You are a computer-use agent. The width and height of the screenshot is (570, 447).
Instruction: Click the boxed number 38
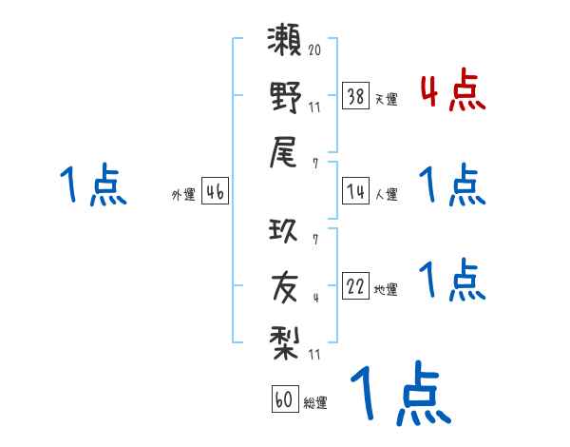pyautogui.click(x=356, y=96)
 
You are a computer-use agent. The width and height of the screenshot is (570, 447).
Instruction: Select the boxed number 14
pyautogui.click(x=356, y=191)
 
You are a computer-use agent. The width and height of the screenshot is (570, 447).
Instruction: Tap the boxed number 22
pyautogui.click(x=356, y=286)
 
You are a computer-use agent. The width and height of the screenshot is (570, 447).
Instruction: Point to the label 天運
pyautogui.click(x=386, y=99)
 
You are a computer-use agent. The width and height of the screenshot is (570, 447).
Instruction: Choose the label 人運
pyautogui.click(x=386, y=194)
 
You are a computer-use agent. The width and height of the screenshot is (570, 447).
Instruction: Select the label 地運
pyautogui.click(x=386, y=289)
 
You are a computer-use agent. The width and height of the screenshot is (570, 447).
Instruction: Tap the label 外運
pyautogui.click(x=183, y=194)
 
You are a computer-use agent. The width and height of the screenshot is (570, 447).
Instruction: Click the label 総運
pyautogui.click(x=315, y=402)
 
